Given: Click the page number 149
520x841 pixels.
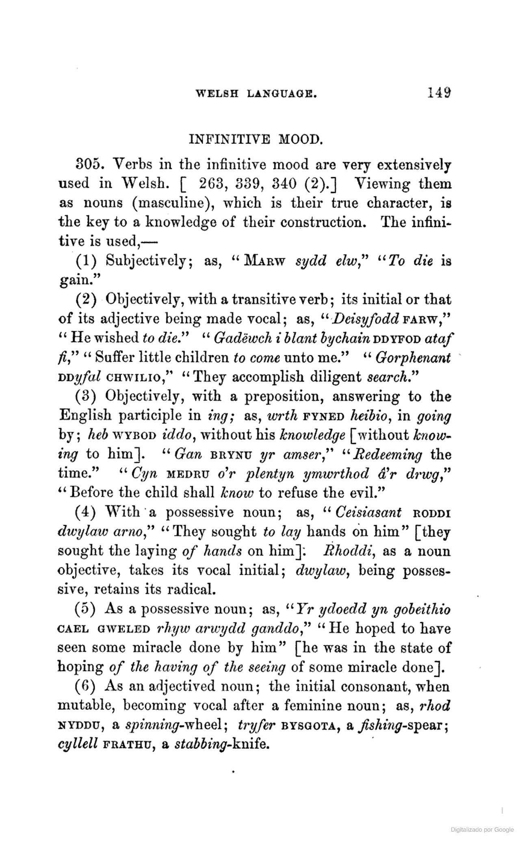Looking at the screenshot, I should tap(439, 93).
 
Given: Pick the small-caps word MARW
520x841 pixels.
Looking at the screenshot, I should tap(268, 261).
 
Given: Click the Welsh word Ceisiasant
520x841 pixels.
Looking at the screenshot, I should tap(368, 513).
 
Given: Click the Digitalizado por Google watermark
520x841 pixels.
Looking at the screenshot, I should tap(482, 829).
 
